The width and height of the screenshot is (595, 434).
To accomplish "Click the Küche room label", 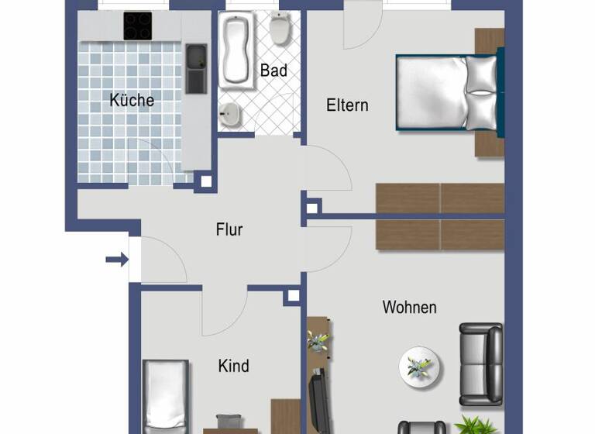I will pyautogui.click(x=132, y=100).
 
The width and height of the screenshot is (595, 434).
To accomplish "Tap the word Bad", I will pyautogui.click(x=273, y=71).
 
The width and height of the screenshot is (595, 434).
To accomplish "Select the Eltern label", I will pyautogui.click(x=347, y=105).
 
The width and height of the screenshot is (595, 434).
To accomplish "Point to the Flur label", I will pyautogui.click(x=229, y=229).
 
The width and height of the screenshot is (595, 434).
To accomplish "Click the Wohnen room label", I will pyautogui.click(x=409, y=307).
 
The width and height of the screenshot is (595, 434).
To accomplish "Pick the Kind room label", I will pyautogui.click(x=233, y=365).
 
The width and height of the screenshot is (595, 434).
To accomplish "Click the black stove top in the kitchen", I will pyautogui.click(x=138, y=26).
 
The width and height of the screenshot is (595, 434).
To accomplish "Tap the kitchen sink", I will pyautogui.click(x=195, y=68).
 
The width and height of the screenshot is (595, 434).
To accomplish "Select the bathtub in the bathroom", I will pyautogui.click(x=234, y=50).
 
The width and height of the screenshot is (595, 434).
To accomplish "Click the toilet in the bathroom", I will pyautogui.click(x=280, y=29).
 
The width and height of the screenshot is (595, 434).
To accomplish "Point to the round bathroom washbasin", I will pyautogui.click(x=230, y=116).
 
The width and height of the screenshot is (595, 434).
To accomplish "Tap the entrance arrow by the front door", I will pyautogui.click(x=117, y=260).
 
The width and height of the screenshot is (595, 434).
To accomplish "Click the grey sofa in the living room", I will pyautogui.click(x=480, y=364).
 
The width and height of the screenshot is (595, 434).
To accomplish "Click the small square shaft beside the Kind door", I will pyautogui.click(x=292, y=295).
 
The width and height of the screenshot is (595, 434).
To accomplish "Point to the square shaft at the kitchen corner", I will pyautogui.click(x=205, y=182).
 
